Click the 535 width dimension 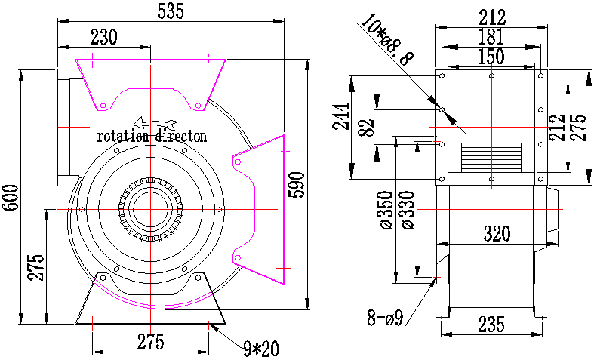[x=171, y=11]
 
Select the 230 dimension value [x=104, y=37]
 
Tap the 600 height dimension [x=10, y=198]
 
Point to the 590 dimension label [x=296, y=185]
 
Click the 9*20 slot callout [x=261, y=349]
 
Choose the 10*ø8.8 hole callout [x=386, y=39]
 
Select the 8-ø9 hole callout [x=384, y=318]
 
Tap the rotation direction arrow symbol [x=155, y=123]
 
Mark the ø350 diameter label [x=386, y=211]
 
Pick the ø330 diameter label [x=408, y=211]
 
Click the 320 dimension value [x=497, y=234]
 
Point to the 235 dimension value [x=491, y=325]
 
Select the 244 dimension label [x=341, y=116]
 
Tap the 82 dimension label [x=366, y=128]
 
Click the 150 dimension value [x=491, y=57]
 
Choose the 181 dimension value [x=491, y=37]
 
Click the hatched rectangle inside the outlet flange [x=491, y=156]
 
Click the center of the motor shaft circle [x=151, y=209]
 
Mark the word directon [x=180, y=136]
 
